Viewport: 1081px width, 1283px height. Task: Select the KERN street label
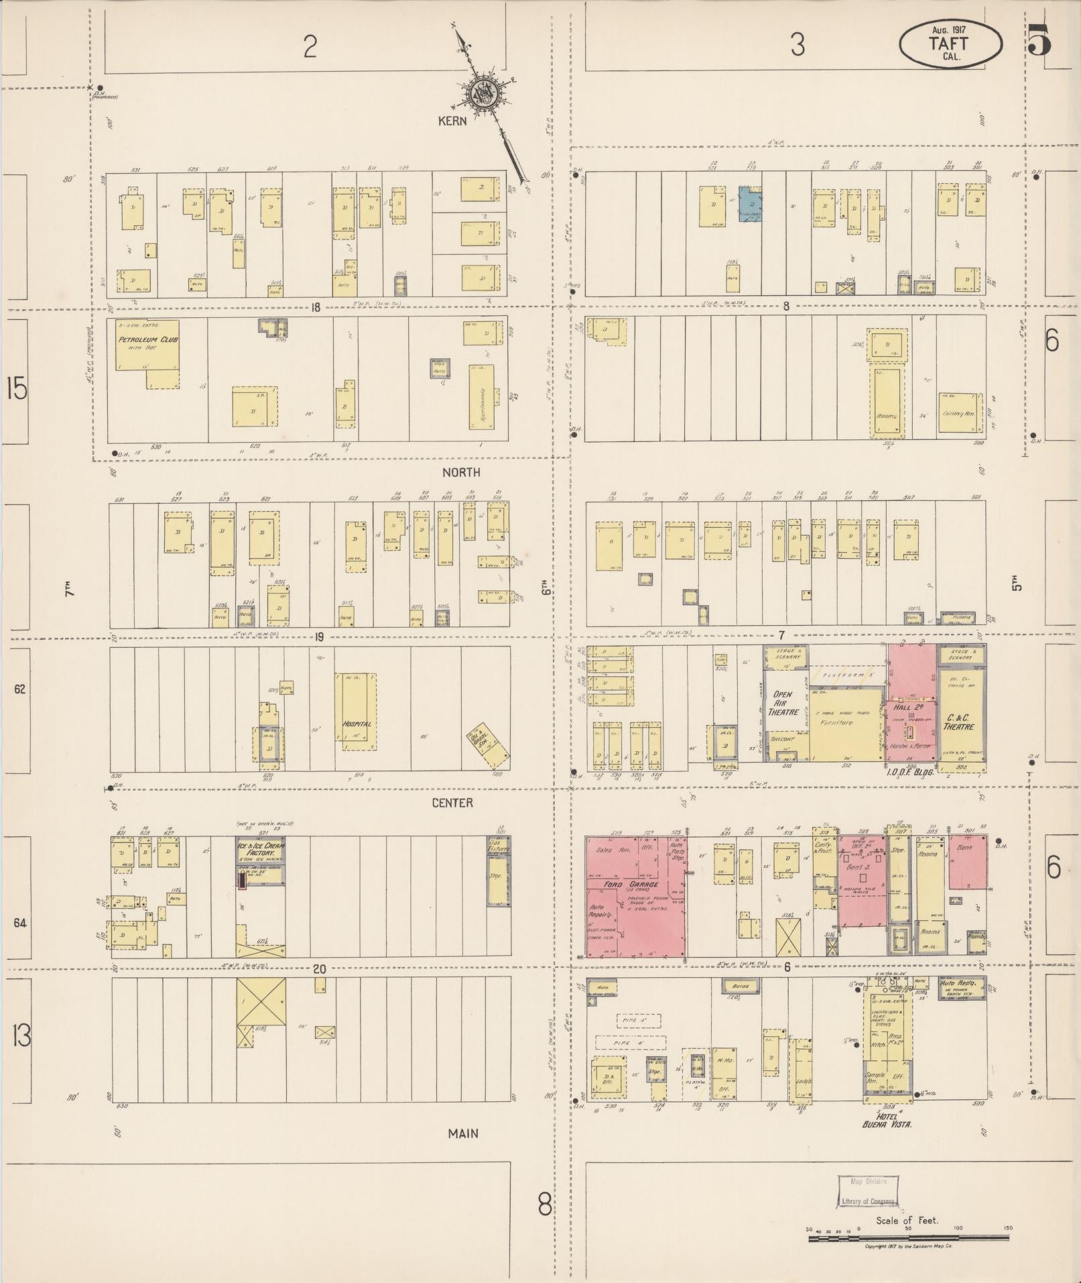[x=452, y=121]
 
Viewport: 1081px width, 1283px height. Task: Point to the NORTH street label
[x=461, y=472]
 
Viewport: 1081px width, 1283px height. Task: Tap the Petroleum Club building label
[x=148, y=340]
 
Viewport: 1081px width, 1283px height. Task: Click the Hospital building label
[x=357, y=724]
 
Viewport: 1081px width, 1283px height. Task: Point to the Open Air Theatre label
[x=783, y=704]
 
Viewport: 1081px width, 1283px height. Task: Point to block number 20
[x=319, y=968]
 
